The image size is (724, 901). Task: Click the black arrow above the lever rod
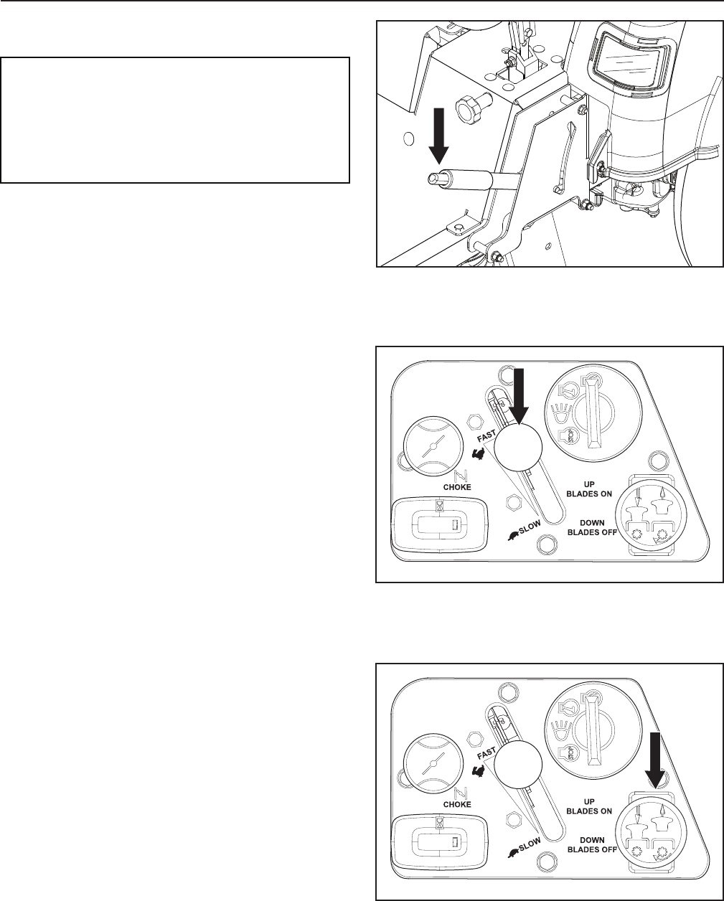[x=438, y=136]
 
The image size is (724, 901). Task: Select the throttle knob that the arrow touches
[x=518, y=448]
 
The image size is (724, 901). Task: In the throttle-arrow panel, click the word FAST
[x=486, y=436]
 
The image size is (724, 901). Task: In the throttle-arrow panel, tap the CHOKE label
[x=457, y=487]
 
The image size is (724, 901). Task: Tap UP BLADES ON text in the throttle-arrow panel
[x=589, y=489]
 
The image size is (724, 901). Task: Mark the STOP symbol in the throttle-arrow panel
[x=568, y=436]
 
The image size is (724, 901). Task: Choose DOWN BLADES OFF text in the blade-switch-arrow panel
[x=592, y=845]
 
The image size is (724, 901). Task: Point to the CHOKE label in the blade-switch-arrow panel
[x=457, y=804]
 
